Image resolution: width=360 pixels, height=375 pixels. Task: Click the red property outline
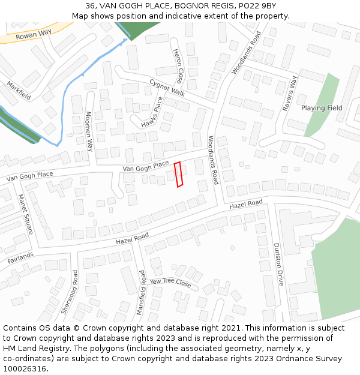pos(178,175)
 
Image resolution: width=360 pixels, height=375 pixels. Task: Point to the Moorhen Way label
pos(88,131)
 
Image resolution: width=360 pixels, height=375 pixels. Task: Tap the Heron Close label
pos(178,66)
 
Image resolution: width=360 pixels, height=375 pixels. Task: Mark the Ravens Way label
pos(290,94)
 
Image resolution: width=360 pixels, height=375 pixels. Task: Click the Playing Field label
pos(322,108)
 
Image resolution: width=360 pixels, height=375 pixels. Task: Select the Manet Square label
pos(26,214)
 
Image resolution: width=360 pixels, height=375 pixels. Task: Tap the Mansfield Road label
pos(141,293)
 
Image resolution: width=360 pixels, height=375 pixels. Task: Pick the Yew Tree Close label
pos(170,283)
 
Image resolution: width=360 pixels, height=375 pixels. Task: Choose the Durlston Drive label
pos(278,264)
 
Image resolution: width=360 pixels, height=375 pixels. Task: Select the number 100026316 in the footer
pos(25,368)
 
